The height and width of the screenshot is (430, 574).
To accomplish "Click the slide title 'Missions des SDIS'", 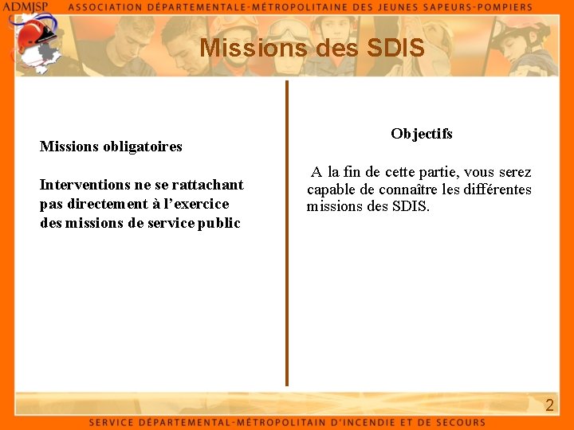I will pyautogui.click(x=312, y=49).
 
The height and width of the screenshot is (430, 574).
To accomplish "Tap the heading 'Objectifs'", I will pyautogui.click(x=422, y=134).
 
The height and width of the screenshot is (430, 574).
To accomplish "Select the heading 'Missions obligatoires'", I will pyautogui.click(x=111, y=147).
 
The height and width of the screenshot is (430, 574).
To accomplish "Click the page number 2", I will pyautogui.click(x=548, y=405).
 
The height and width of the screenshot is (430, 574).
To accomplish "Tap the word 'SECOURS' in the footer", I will pyautogui.click(x=461, y=422).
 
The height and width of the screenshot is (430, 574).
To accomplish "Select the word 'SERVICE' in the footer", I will pyautogui.click(x=112, y=422).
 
